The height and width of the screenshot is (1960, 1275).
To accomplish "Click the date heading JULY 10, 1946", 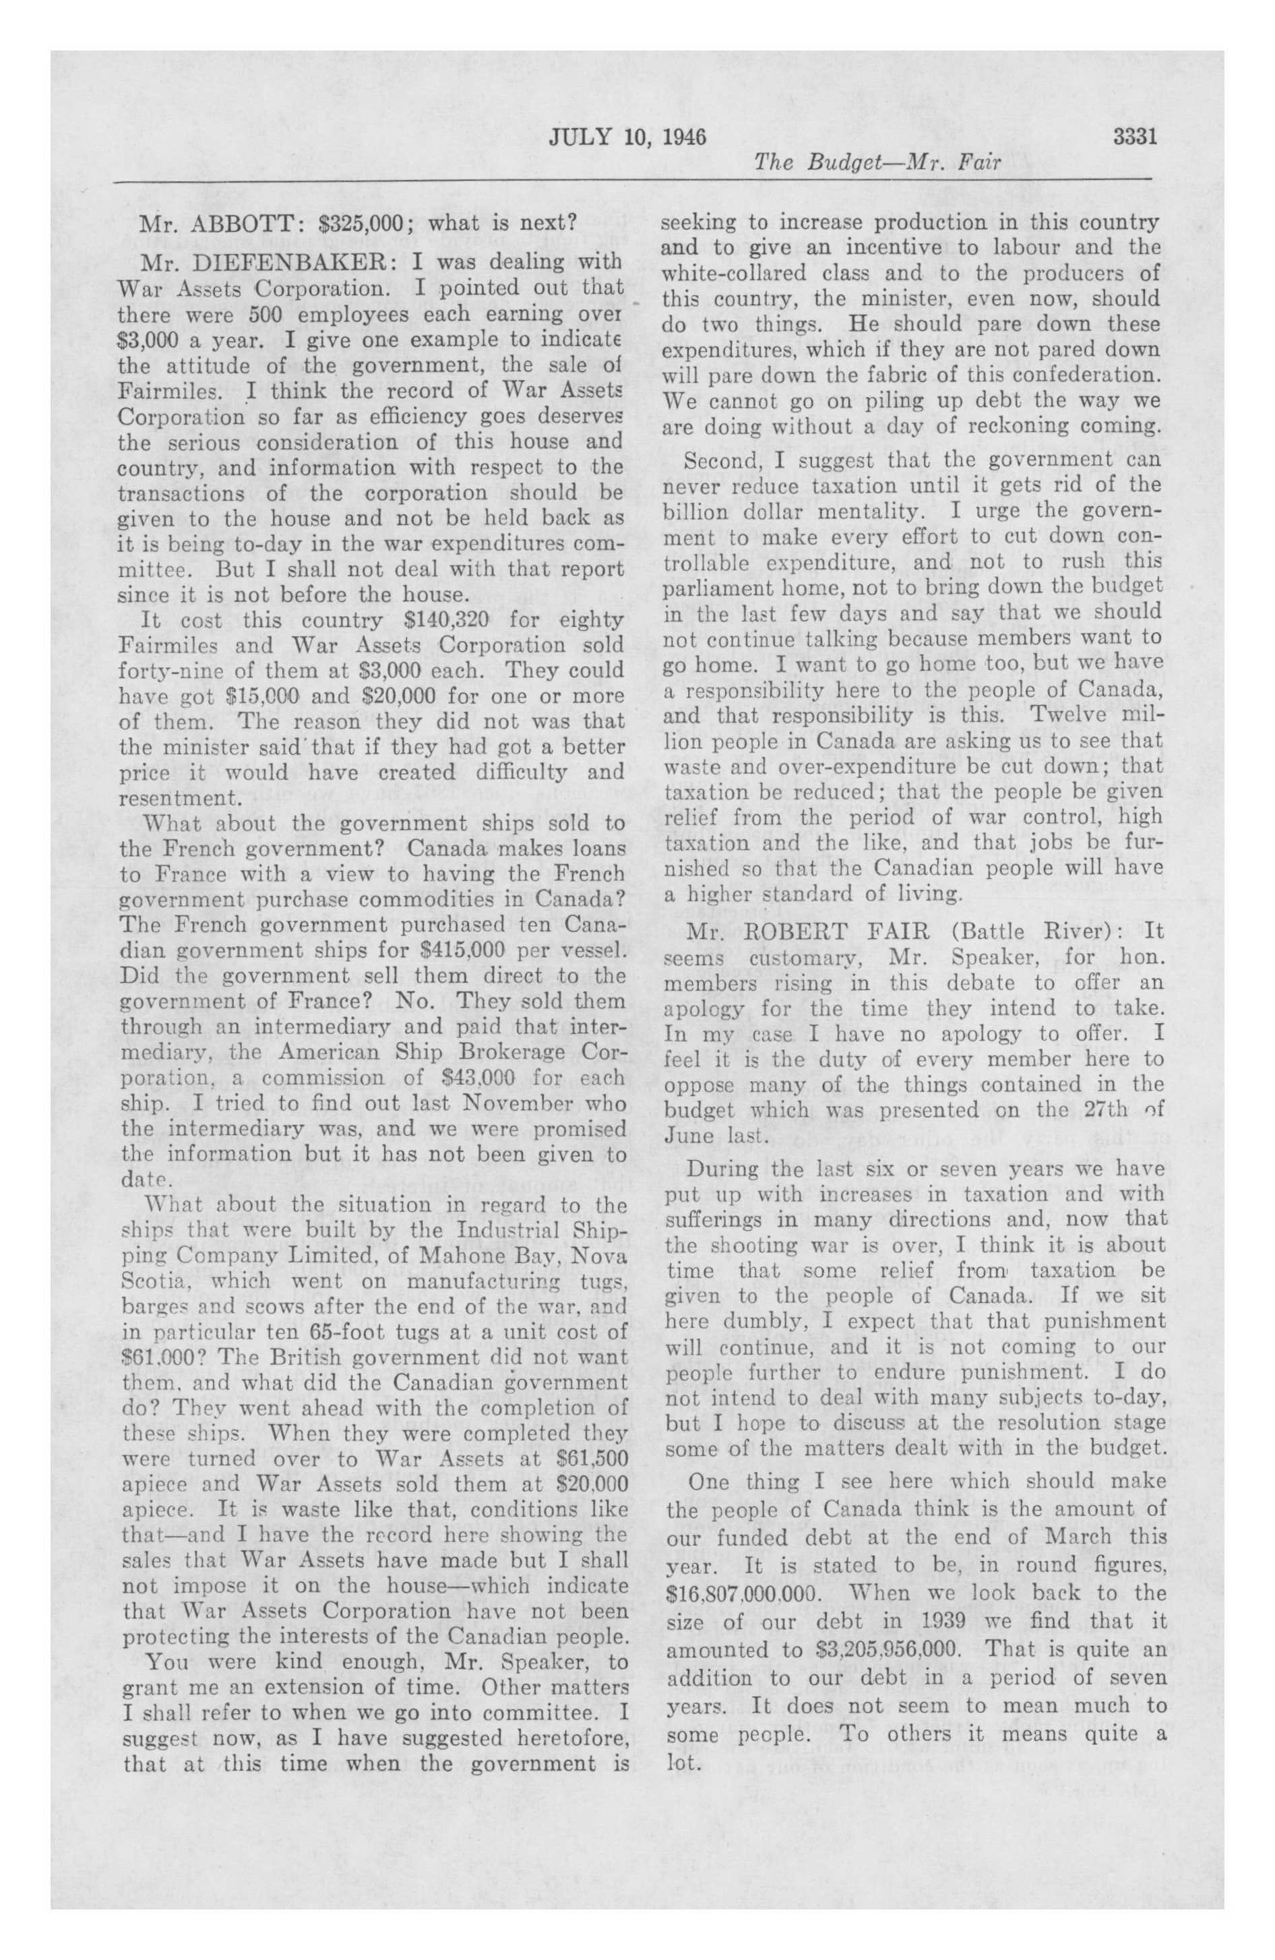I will click(627, 136).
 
